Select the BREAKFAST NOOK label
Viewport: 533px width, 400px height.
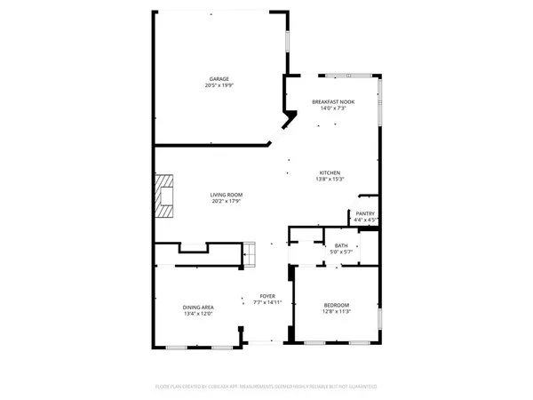click(333, 102)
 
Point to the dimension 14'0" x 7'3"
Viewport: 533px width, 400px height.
click(333, 109)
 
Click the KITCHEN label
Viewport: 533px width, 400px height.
click(330, 172)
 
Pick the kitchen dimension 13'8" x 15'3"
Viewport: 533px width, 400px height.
click(330, 180)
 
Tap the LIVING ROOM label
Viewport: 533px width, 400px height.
click(227, 195)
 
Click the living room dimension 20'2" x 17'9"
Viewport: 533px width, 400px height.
click(227, 202)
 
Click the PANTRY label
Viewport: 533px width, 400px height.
click(365, 213)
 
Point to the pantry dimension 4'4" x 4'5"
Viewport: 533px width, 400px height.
click(365, 220)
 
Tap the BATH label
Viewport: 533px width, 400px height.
click(341, 246)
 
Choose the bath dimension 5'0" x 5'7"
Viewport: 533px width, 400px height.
click(341, 253)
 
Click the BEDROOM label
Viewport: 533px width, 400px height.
click(336, 305)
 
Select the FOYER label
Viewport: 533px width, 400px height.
click(267, 296)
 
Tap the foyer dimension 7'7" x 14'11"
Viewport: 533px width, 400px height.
click(267, 303)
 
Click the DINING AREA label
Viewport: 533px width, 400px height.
click(197, 307)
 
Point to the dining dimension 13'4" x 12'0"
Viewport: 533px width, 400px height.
click(197, 314)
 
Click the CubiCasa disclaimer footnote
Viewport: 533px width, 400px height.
click(266, 387)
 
